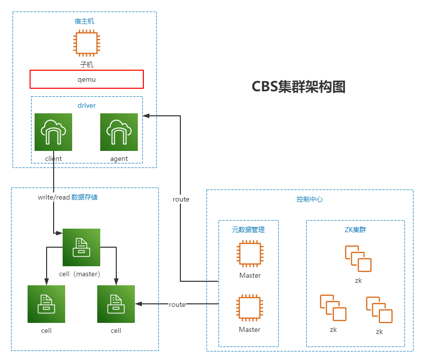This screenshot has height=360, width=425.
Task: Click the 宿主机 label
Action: coord(84,21)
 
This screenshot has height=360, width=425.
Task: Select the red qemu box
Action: coord(87,79)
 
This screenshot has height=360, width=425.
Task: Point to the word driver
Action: coord(87,105)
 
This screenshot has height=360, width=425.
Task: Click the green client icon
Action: coord(53,132)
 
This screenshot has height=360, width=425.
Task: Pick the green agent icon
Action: coord(119,132)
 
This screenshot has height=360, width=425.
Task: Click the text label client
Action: coord(53,158)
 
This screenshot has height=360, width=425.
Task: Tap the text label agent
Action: coord(119,158)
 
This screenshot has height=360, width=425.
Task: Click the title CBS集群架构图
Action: coord(299,87)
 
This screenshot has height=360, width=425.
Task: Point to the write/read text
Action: coord(54,197)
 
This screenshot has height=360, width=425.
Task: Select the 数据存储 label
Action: coord(85,197)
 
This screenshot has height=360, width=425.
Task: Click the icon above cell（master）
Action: coord(81,247)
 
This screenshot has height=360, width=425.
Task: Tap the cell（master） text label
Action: coord(80,274)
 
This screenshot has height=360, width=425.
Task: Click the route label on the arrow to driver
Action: coord(181,199)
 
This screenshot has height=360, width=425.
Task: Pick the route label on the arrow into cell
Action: coord(177,304)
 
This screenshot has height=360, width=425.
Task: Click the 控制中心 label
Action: coord(310,199)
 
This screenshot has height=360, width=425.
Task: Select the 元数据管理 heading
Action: coord(248,230)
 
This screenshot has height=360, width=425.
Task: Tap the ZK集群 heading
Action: coord(355,230)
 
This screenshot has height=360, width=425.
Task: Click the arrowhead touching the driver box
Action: coord(146,116)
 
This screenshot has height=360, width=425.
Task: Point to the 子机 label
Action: coord(87,65)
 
